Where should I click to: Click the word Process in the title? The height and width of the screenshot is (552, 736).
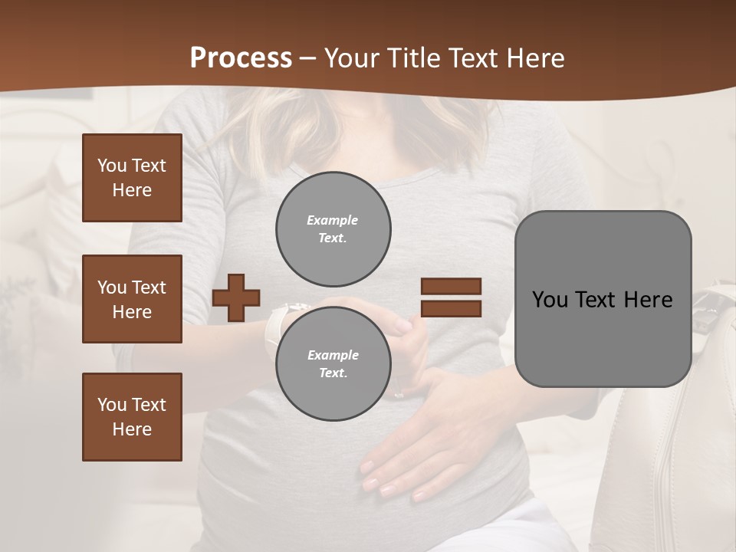click(x=241, y=58)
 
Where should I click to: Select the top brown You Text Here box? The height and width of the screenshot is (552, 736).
click(x=132, y=178)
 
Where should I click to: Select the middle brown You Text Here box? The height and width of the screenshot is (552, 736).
click(x=132, y=299)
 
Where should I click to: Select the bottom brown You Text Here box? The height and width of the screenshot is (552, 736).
click(x=132, y=417)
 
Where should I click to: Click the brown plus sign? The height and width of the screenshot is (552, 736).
click(x=236, y=297)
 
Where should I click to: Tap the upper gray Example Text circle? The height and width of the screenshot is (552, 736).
click(x=333, y=229)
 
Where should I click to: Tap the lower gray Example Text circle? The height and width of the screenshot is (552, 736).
click(x=333, y=364)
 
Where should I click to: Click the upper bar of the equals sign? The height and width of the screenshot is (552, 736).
click(x=451, y=286)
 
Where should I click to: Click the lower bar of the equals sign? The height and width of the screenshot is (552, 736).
click(x=451, y=309)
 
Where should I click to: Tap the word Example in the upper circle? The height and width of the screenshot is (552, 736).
click(x=333, y=220)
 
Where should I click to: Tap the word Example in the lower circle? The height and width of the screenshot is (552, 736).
click(x=333, y=355)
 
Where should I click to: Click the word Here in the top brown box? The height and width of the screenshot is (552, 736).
click(x=132, y=190)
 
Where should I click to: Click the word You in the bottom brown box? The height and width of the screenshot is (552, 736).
click(x=111, y=405)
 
